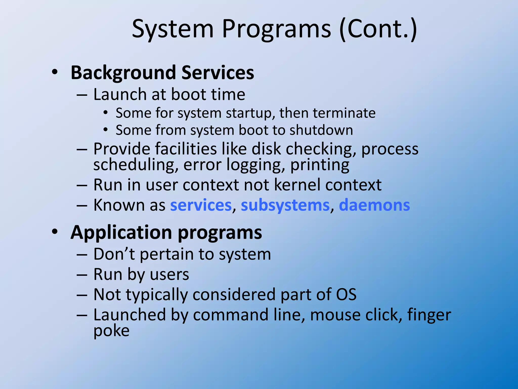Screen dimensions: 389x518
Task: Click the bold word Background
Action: pos(123,73)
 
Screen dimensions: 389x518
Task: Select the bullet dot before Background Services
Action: pos(55,72)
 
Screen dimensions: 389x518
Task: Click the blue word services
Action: pos(201,205)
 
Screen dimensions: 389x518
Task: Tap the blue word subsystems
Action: pos(285,205)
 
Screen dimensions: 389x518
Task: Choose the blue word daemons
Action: pos(374,205)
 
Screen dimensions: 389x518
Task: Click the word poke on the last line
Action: pos(111,331)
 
